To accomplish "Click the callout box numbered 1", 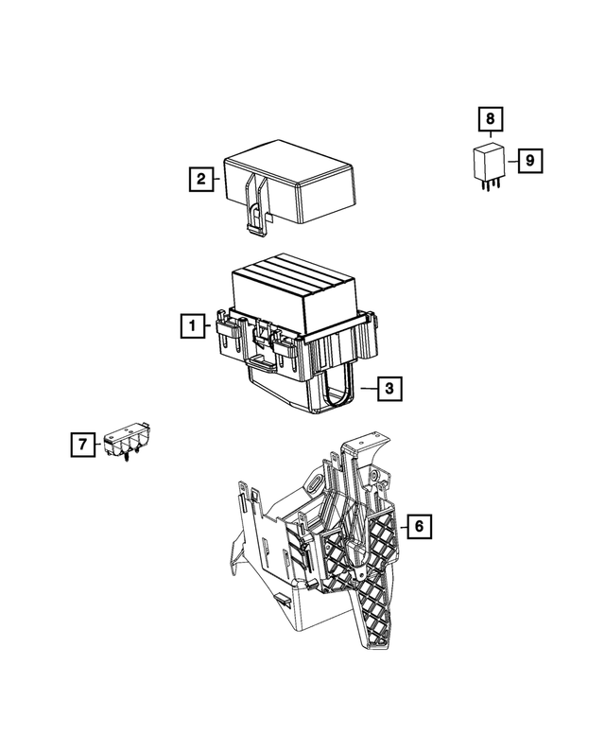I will [192, 326].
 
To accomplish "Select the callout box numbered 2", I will [199, 178].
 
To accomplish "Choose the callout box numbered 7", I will [83, 444].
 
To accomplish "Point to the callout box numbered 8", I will [490, 120].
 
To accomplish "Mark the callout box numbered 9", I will [530, 160].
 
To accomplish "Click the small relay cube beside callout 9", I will [489, 164].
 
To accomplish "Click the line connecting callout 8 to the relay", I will [490, 137].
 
